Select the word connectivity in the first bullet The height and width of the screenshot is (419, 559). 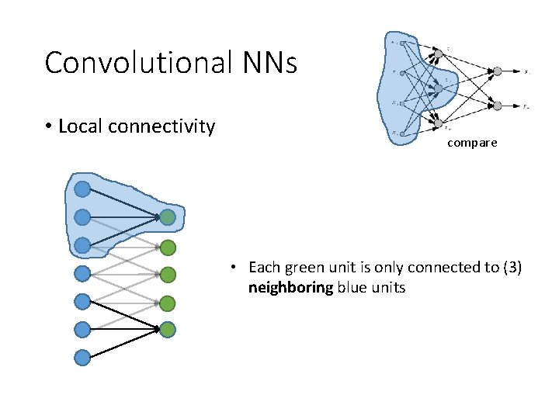coord(165,126)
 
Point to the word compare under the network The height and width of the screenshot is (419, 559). coord(472,144)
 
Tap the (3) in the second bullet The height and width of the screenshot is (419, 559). coord(512,268)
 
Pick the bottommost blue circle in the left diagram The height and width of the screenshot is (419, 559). coord(82,358)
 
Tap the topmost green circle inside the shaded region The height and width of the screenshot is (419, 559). coord(168,218)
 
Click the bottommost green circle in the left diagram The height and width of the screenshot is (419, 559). coord(168,330)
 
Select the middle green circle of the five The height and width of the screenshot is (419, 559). coord(168,275)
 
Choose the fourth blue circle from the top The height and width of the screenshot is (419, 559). coord(82,273)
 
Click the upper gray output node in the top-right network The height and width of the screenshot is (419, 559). coord(497,72)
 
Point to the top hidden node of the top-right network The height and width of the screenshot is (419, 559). coord(438,53)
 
